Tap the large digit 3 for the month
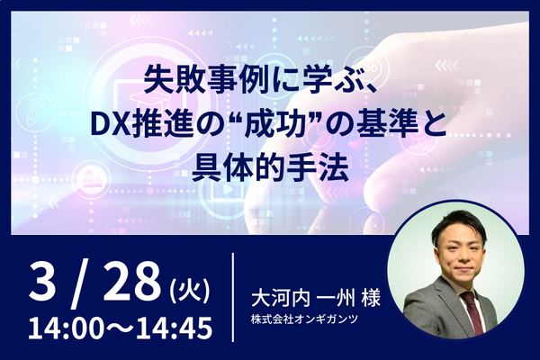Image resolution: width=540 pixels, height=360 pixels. tap(42, 282)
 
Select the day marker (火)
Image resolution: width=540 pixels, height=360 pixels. tap(190, 290)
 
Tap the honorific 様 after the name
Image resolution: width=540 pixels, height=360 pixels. tap(371, 298)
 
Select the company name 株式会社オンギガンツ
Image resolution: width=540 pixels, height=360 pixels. tap(305, 319)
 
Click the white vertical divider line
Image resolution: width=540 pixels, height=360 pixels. tap(233, 297)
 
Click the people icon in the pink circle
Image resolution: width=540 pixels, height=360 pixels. tap(89, 179)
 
